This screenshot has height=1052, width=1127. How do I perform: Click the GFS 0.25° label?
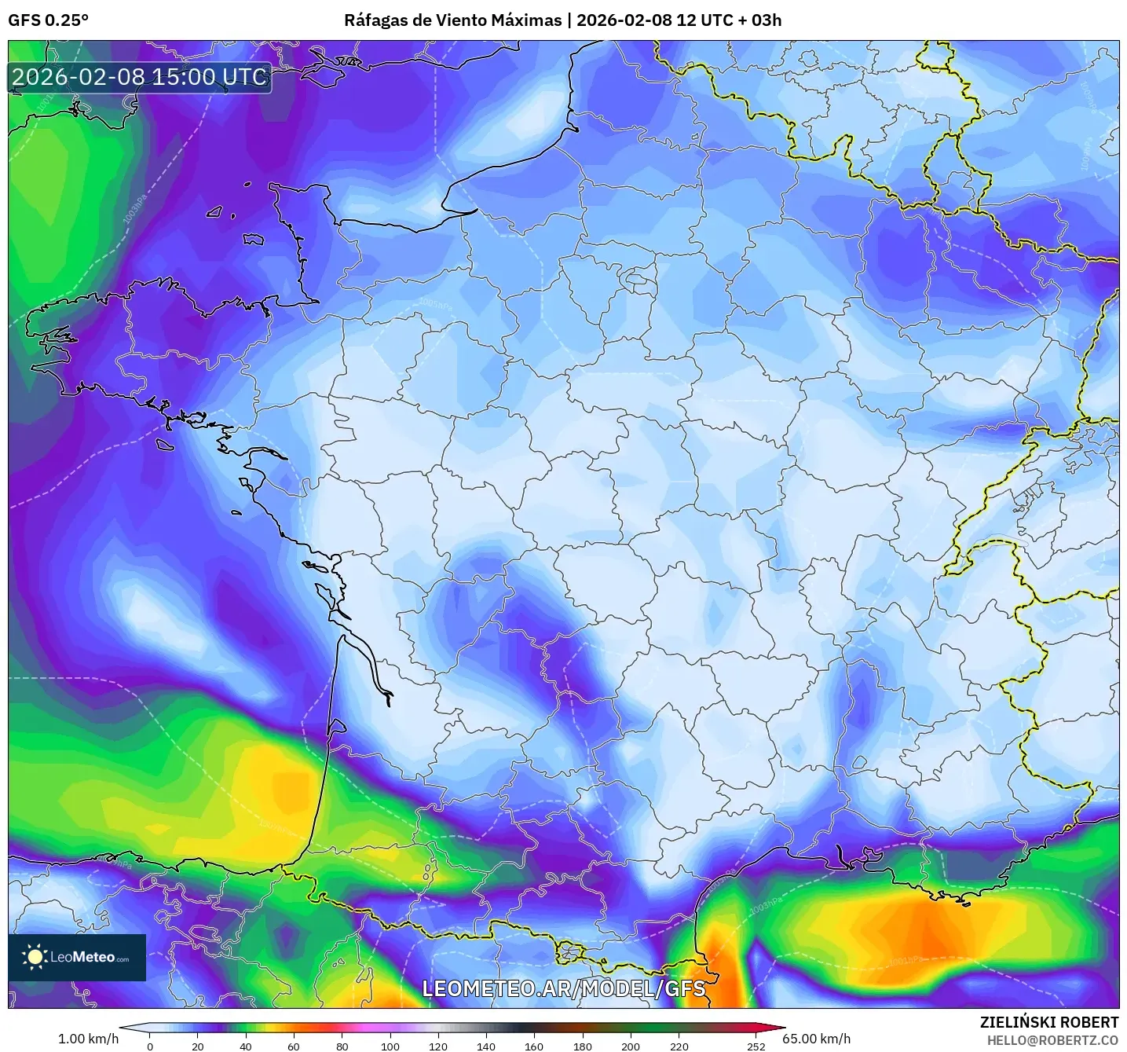pos(48,20)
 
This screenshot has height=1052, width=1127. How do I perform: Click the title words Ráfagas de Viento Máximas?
pos(453,20)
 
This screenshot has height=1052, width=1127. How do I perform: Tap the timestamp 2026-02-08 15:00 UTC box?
pos(140,78)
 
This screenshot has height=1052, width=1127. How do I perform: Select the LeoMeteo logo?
pos(77,957)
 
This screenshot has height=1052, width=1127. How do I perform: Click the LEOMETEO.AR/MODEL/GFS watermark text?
pos(563,988)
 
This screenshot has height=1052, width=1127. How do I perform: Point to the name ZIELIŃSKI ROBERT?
pos(1048,1022)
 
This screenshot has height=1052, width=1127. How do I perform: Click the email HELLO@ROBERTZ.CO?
pos(1052,1040)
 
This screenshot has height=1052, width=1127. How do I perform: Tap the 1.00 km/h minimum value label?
pos(88,1039)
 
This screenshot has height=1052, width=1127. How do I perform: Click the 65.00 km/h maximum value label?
pos(816,1039)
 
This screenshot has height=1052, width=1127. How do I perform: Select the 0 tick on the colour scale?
pos(150,1046)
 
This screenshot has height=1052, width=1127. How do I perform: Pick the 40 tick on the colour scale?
pos(246,1046)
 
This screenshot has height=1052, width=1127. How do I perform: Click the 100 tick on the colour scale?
pos(390,1046)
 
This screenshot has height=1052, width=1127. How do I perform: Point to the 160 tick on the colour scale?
pos(534,1046)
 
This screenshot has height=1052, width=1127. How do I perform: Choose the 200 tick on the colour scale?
pos(631,1046)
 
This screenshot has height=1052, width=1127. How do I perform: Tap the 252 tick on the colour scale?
pos(756,1046)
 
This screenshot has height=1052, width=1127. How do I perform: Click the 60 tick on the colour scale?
pos(294,1046)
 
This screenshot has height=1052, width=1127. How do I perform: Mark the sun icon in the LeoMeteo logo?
pos(35,957)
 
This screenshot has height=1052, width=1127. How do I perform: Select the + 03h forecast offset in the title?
pos(759,20)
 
